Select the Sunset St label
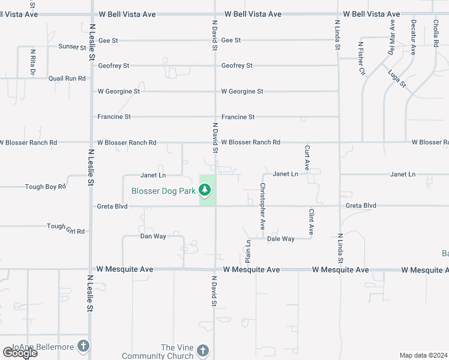click(73, 47)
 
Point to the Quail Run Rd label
click(67, 79)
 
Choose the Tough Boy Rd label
click(46, 187)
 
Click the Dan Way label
click(153, 236)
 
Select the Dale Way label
click(281, 239)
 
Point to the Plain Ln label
click(248, 251)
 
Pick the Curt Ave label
click(307, 158)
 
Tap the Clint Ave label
click(312, 221)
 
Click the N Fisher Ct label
click(362, 58)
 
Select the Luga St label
click(397, 78)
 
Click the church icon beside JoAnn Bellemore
click(83, 346)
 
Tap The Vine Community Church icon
click(203, 350)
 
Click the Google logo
click(20, 353)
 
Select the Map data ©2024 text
click(423, 355)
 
